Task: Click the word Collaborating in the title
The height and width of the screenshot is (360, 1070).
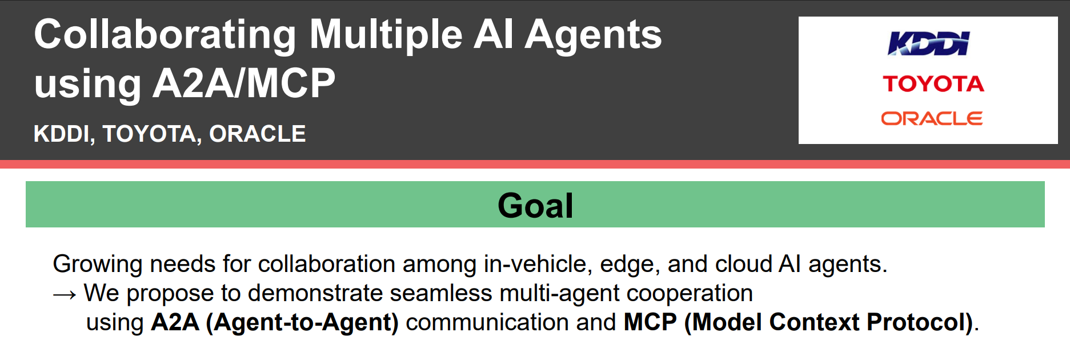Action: tap(165, 35)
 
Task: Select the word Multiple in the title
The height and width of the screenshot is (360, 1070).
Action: tap(386, 35)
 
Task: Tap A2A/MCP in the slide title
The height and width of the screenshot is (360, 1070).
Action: tap(244, 83)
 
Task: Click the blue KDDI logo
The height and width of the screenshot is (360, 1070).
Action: tap(929, 43)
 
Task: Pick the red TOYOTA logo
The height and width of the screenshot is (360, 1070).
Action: tap(933, 84)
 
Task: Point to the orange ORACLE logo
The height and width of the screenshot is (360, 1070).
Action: tap(932, 118)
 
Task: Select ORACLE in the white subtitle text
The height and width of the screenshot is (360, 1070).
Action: tap(258, 134)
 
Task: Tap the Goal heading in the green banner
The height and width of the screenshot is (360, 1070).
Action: tap(535, 205)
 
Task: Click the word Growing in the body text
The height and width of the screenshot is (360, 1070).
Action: tap(98, 265)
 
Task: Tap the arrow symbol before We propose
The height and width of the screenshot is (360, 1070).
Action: tap(65, 294)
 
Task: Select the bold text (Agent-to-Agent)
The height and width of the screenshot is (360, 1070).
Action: tap(302, 323)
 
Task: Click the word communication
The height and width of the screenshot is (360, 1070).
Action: tap(487, 322)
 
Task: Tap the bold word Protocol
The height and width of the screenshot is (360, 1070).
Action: tap(920, 322)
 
